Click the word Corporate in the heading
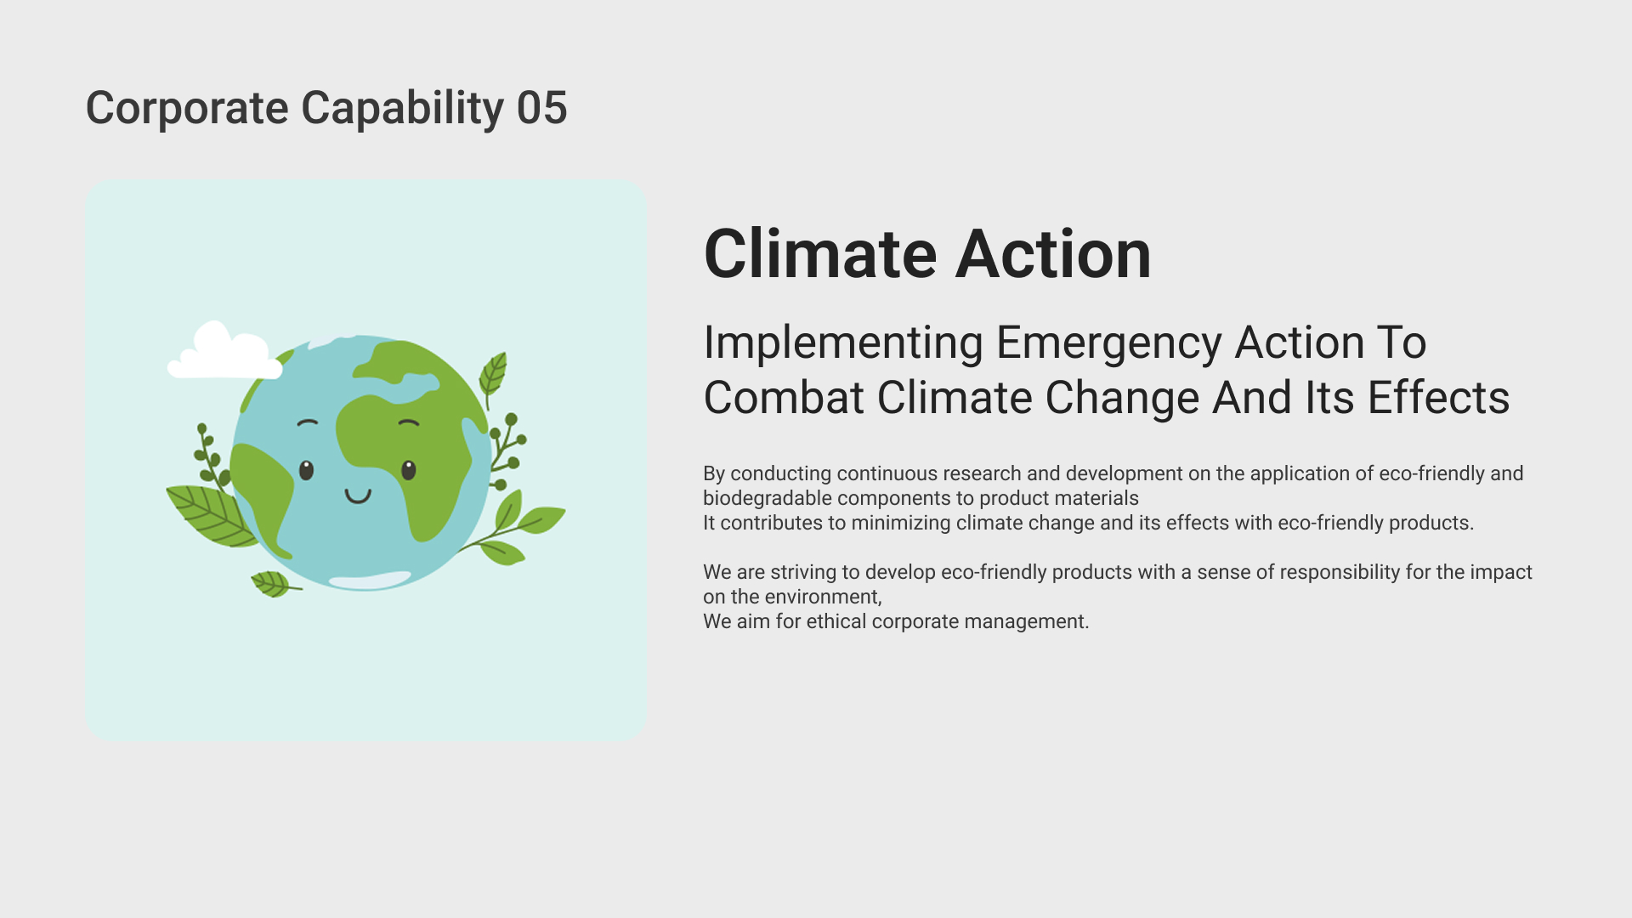pos(187,109)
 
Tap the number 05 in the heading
pos(542,108)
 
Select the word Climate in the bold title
pos(820,253)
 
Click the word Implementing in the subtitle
pos(843,344)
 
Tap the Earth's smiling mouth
pos(358,496)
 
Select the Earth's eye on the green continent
pos(409,470)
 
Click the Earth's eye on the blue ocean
pos(306,470)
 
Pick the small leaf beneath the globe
pos(273,584)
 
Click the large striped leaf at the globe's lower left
pos(208,515)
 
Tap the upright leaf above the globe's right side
pos(493,376)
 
